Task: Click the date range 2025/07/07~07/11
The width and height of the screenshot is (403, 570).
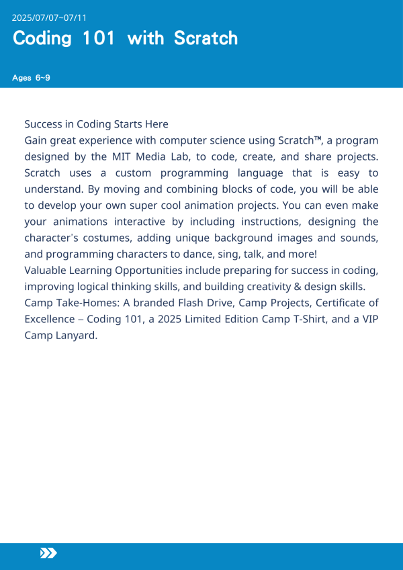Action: pos(49,17)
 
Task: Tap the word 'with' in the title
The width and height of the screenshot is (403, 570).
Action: pos(145,38)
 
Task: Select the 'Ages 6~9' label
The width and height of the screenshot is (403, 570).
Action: pos(31,78)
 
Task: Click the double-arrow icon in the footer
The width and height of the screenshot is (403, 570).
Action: pos(48,553)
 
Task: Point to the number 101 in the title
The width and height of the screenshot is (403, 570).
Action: pos(99,38)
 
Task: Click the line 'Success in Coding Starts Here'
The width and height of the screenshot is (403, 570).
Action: pos(96,124)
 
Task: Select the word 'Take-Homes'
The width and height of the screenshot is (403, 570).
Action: pos(82,302)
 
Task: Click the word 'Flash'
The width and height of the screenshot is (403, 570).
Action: pos(189,302)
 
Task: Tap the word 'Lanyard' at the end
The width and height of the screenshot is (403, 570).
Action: pos(76,334)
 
